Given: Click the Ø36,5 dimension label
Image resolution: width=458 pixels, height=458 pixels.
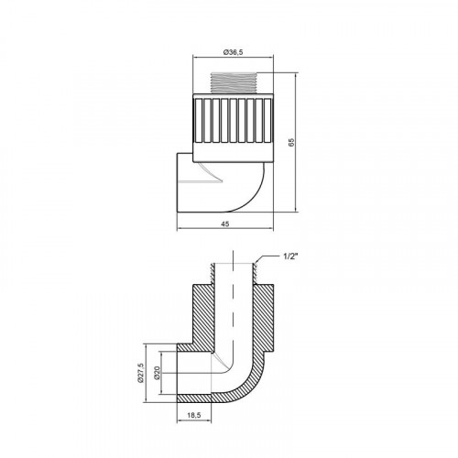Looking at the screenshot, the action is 234,52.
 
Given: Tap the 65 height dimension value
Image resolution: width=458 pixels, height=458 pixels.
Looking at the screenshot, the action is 291,142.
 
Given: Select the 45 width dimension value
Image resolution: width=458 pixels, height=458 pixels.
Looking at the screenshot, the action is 225,224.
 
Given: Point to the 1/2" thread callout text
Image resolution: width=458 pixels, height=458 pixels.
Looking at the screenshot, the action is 290,256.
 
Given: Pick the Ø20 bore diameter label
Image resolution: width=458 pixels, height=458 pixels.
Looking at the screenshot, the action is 157,373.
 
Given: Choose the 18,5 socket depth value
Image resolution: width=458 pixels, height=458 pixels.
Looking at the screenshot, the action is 194,415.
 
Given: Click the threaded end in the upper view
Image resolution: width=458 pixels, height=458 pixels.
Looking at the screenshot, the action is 234,82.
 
